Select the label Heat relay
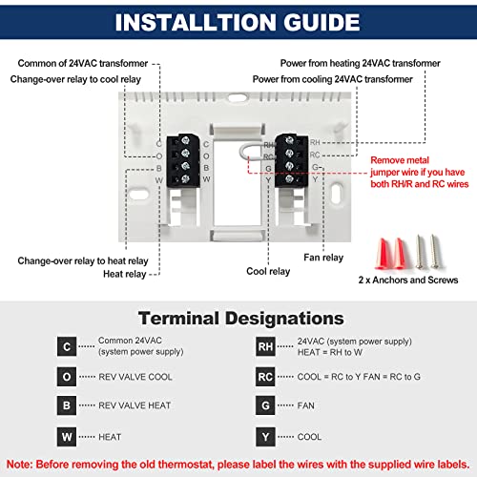click(x=125, y=274)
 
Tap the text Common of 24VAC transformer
click(x=83, y=62)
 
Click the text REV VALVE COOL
click(x=135, y=377)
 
